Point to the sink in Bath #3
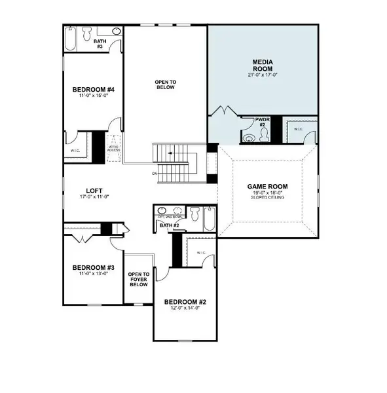[116, 31]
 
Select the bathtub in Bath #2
[209, 218]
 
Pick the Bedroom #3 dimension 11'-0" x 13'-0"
[93, 274]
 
